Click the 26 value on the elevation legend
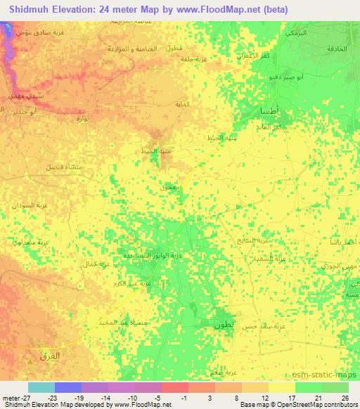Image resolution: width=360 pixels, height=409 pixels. (x=345, y=397)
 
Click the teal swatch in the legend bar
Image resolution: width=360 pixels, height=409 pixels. (x=41, y=387)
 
